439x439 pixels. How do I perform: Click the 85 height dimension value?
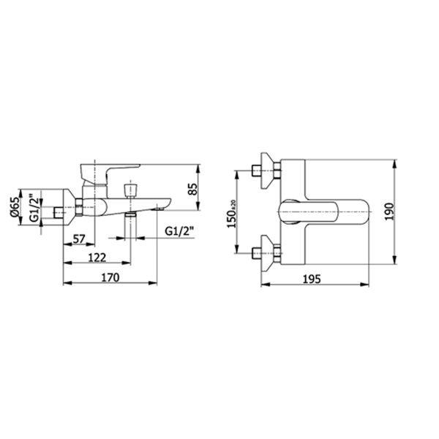[x=192, y=190]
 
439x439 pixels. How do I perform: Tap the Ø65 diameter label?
[x=15, y=207]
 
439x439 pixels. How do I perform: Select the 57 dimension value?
[x=79, y=239]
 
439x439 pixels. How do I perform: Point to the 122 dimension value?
[x=97, y=258]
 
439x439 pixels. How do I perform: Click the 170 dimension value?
[x=110, y=277]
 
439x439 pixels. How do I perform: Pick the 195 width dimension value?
[x=312, y=279]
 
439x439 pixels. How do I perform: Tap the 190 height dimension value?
[x=389, y=212]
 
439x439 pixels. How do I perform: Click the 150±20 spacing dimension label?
[x=231, y=214]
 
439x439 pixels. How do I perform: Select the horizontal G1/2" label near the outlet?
[x=179, y=231]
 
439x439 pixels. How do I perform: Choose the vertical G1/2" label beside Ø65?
[x=34, y=208]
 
